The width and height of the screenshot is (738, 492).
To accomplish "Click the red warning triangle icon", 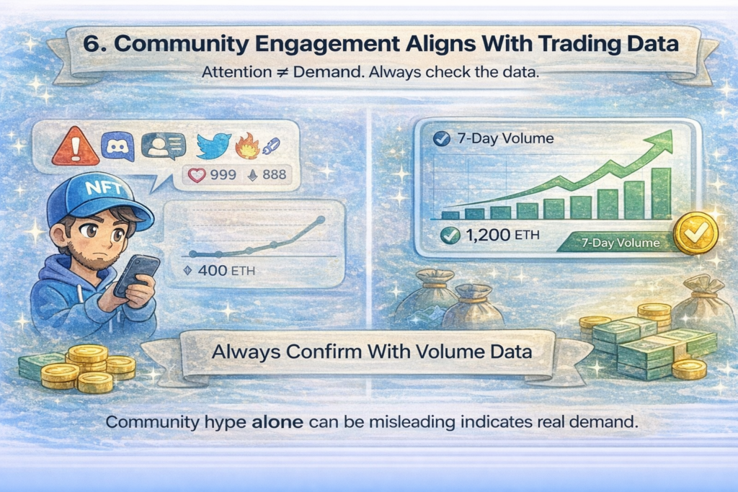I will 76,149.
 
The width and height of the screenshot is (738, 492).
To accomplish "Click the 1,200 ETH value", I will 494,234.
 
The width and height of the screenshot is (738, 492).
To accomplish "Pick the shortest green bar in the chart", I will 450,214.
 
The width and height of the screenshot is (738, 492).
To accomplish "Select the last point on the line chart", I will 321,220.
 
